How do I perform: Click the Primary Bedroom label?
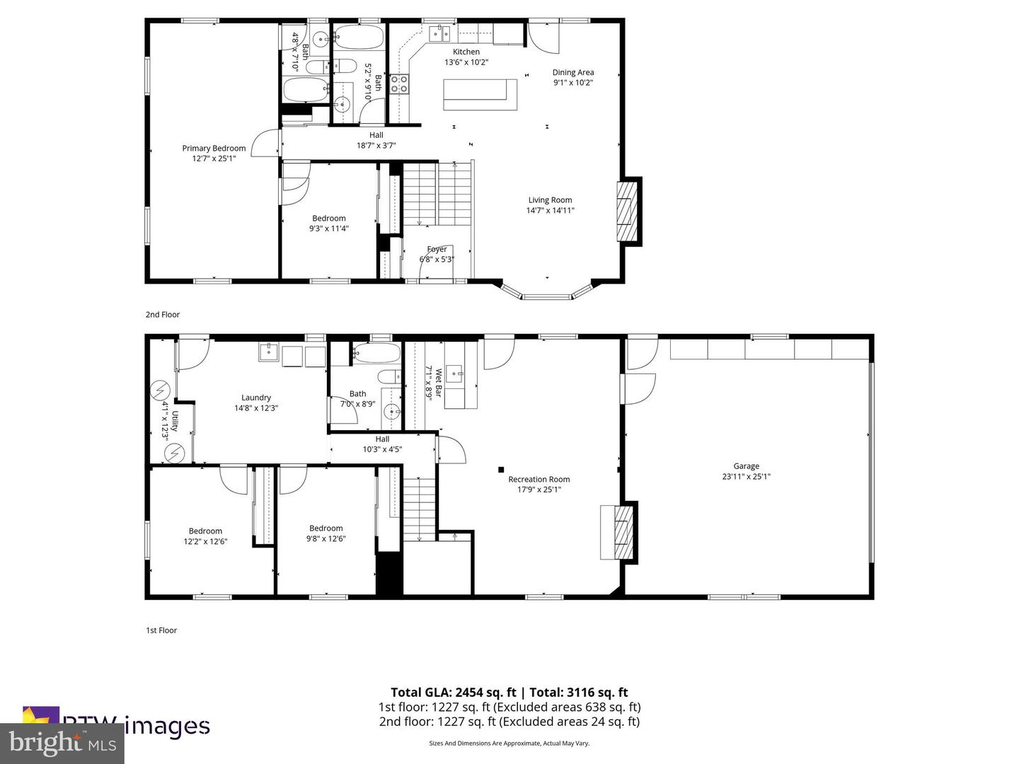pyautogui.click(x=214, y=149)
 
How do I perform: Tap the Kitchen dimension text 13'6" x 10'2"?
pyautogui.click(x=466, y=62)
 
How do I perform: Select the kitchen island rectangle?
pyautogui.click(x=480, y=94)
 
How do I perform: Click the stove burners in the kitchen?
pyautogui.click(x=399, y=84)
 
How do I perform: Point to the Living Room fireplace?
pyautogui.click(x=627, y=212)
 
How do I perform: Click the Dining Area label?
pyautogui.click(x=572, y=72)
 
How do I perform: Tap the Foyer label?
pyautogui.click(x=437, y=249)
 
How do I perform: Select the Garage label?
pyautogui.click(x=746, y=466)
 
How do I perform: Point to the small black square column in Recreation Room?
pyautogui.click(x=501, y=469)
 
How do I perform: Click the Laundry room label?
pyautogui.click(x=255, y=398)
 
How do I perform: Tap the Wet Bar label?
pyautogui.click(x=439, y=383)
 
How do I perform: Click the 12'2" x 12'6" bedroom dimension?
pyautogui.click(x=205, y=542)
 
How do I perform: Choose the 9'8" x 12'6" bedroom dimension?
pyautogui.click(x=326, y=538)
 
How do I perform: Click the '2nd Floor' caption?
pyautogui.click(x=163, y=315)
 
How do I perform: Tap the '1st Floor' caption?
pyautogui.click(x=161, y=630)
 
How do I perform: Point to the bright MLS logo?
pyautogui.click(x=62, y=743)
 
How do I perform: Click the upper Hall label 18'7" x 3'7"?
pyautogui.click(x=376, y=146)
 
